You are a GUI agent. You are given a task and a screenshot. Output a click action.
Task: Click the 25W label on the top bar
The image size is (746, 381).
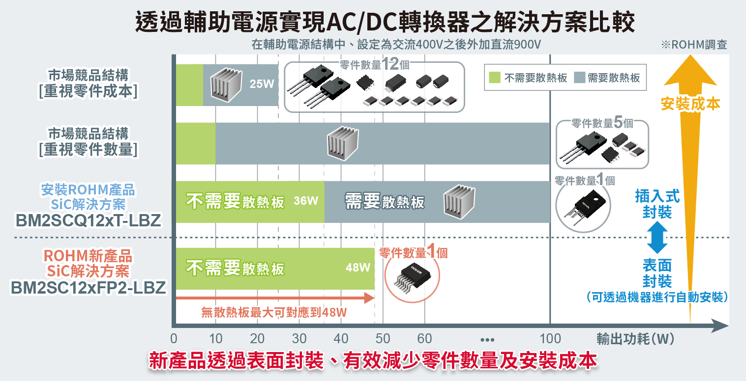(x=262, y=84)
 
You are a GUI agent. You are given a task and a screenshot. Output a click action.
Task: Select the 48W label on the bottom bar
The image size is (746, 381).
(x=358, y=268)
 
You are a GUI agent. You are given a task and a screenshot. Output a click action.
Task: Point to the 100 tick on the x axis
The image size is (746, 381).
(x=550, y=338)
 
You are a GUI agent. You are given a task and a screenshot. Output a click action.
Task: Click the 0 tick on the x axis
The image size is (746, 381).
(x=174, y=338)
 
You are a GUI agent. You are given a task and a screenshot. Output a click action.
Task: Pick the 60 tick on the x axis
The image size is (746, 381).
(x=424, y=338)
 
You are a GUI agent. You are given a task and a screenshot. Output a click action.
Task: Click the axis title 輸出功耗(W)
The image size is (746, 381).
(x=635, y=339)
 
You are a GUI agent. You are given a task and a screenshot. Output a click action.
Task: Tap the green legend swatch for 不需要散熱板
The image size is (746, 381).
(x=495, y=78)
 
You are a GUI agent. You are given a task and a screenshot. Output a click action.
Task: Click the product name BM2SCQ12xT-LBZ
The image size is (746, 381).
(x=89, y=221)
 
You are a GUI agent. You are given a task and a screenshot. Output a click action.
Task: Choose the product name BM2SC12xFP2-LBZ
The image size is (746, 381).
(x=89, y=288)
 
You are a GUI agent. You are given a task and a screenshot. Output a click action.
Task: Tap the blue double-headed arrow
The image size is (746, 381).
(x=657, y=238)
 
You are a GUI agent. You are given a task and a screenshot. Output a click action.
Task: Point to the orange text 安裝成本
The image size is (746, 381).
(x=690, y=104)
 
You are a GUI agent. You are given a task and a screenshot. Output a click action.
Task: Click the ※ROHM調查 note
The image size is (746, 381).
(x=694, y=45)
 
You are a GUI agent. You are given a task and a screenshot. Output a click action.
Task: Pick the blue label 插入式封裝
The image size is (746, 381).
(x=657, y=204)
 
